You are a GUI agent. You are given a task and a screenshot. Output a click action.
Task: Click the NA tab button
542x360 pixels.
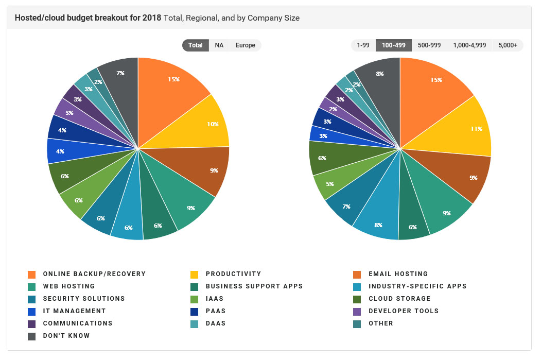[x=219, y=45]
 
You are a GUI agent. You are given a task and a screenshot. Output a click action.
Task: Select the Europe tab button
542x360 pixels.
[x=246, y=45]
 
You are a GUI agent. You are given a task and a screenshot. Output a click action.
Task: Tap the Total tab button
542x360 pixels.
[x=196, y=45]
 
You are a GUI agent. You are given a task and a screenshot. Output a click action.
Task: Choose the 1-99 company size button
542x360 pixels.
[x=363, y=45]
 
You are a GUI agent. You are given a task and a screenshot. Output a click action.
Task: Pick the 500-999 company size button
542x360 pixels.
[x=429, y=45]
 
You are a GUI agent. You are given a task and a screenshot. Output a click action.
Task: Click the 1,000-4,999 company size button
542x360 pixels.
[x=469, y=45]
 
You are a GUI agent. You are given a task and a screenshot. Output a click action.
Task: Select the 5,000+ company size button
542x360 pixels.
[x=508, y=45]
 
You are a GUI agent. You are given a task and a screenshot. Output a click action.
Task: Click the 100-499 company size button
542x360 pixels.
[x=394, y=45]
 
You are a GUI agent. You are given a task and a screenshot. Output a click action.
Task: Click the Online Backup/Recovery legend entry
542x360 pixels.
[x=94, y=274]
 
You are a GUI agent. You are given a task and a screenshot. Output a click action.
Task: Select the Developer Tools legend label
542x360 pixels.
[x=404, y=311]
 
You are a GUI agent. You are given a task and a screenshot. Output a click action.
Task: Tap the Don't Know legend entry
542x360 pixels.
[x=66, y=336]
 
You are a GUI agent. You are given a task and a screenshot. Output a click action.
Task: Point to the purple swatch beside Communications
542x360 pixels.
[x=32, y=323]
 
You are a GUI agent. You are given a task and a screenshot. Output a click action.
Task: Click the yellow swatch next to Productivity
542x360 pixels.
[x=195, y=274]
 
